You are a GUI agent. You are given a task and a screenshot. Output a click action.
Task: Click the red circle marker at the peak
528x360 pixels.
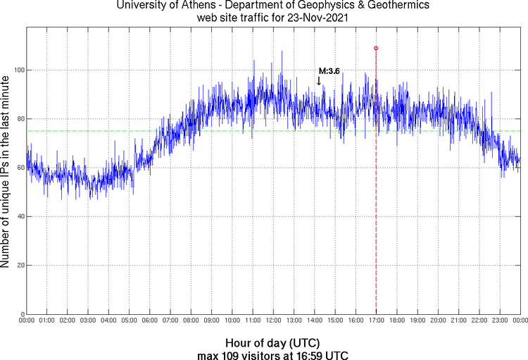376,49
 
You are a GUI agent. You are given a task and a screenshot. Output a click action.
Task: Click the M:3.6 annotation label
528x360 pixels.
329,70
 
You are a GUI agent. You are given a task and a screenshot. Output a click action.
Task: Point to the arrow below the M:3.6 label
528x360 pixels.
319,81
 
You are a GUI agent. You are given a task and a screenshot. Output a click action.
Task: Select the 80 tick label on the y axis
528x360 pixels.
19,119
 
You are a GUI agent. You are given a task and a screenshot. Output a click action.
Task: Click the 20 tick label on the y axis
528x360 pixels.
19,266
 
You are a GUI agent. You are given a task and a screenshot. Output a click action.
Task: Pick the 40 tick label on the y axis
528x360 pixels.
19,216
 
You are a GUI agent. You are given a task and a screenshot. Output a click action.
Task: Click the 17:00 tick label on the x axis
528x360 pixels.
376,321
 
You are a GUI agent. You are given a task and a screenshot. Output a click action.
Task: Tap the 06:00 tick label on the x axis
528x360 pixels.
150,321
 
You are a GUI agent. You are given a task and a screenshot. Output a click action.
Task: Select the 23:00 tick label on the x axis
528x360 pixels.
499,321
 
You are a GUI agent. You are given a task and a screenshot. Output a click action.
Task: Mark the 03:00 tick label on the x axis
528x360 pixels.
88,321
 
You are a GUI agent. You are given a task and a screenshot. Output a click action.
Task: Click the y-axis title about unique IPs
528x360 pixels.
6,171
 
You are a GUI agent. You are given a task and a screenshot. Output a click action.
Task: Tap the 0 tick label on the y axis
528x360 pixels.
21,314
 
